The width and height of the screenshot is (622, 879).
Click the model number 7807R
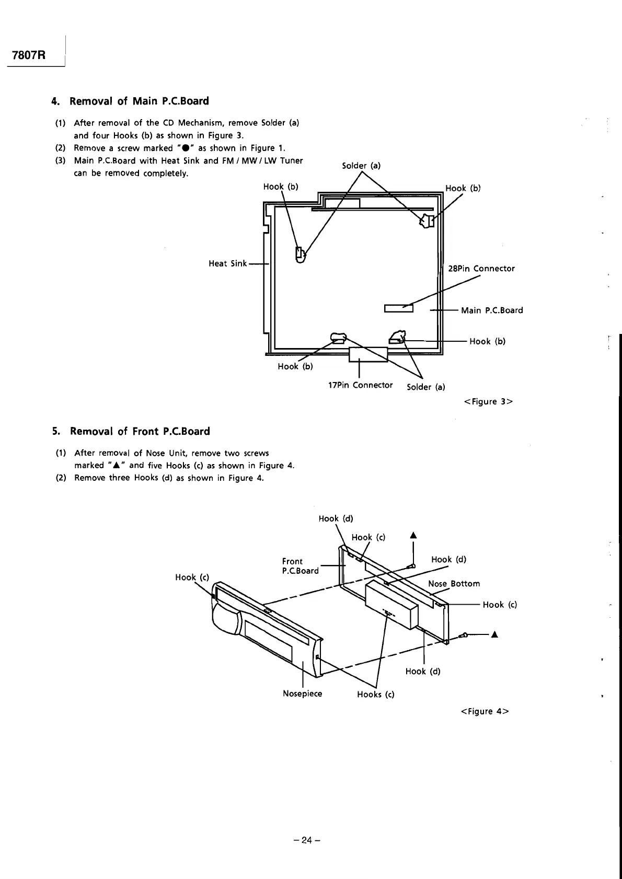27,55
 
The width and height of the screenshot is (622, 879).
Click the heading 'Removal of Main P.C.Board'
139,101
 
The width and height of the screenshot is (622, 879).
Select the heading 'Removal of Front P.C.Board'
140,431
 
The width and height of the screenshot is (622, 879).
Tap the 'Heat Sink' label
227,263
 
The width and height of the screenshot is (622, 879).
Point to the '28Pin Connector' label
481,269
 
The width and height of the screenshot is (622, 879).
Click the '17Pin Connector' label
360,385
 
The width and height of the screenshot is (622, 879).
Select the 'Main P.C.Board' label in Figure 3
491,310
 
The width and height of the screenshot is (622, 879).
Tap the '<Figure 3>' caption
488,401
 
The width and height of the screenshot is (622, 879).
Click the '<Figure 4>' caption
485,711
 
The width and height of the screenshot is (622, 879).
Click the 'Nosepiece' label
302,693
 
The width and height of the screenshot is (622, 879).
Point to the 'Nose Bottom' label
454,584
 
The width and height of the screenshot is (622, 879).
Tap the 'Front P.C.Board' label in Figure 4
300,566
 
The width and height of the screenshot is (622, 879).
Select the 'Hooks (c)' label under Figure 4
375,694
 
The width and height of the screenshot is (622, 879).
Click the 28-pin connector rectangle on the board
399,308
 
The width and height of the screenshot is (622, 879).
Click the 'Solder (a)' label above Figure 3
361,166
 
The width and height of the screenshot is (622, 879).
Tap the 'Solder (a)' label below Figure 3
426,387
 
